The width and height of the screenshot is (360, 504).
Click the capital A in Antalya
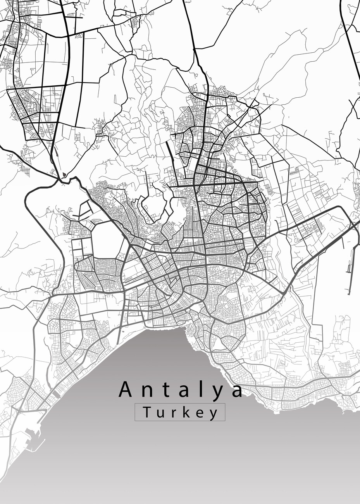pos(126,389)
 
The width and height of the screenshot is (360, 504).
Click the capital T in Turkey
pos(147,412)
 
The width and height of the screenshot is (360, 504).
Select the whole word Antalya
pos(181,390)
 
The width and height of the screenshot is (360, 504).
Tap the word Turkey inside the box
pos(180,413)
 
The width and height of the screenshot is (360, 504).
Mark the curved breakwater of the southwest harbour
pos(37,446)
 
